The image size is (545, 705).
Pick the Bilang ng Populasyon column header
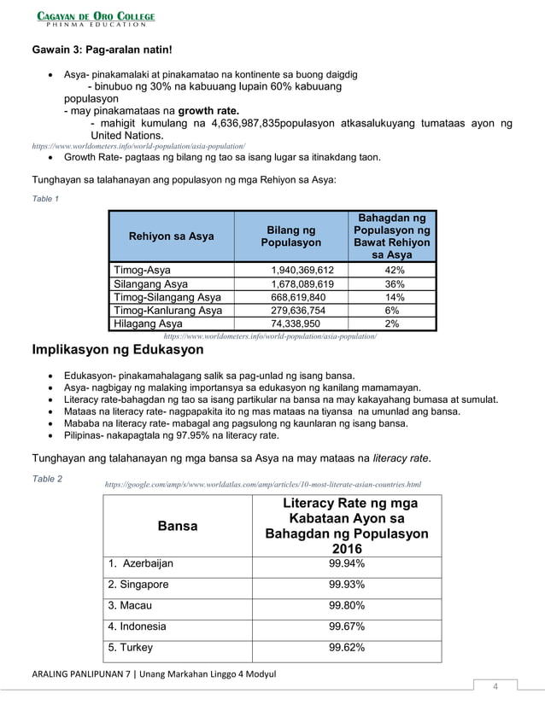point(291,236)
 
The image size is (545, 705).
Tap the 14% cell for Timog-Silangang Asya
point(395,297)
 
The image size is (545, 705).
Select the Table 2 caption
point(47,479)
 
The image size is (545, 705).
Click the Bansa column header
point(178,527)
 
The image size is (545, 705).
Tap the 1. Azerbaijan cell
point(140,564)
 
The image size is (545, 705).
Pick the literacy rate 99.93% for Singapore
point(347,585)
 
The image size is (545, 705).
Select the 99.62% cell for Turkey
point(347,647)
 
